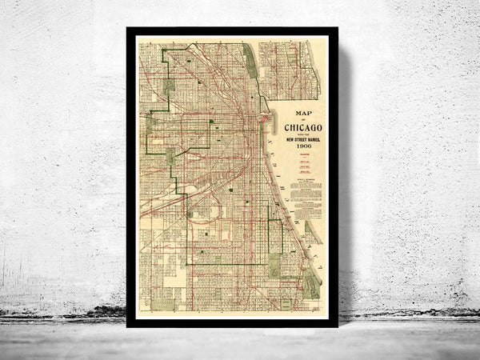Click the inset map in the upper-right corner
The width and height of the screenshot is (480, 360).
pos(290,70)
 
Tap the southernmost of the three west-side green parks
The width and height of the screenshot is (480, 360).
pos(170,158)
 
